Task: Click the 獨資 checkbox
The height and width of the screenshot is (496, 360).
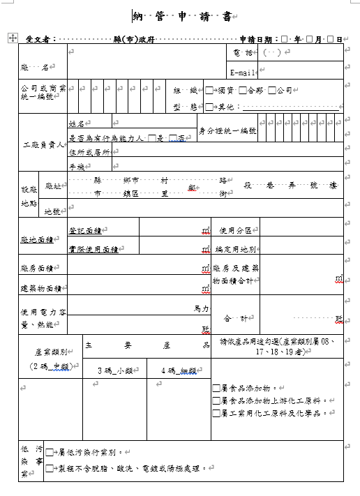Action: (x=209, y=90)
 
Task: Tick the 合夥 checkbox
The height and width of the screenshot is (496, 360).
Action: (x=242, y=90)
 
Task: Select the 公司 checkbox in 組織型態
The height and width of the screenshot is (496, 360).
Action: (x=273, y=90)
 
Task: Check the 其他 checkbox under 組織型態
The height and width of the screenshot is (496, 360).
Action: (x=209, y=107)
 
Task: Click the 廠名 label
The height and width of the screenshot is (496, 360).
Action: (x=35, y=68)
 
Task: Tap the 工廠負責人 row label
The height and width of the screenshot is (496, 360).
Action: (x=42, y=145)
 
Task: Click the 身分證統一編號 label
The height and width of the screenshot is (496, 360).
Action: (x=228, y=130)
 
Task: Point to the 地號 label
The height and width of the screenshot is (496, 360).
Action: (x=52, y=211)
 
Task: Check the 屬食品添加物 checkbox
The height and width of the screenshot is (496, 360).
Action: (x=216, y=388)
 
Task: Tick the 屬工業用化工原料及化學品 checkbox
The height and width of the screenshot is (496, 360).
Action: (x=216, y=412)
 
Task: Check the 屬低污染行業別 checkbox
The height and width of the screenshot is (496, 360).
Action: (x=49, y=453)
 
